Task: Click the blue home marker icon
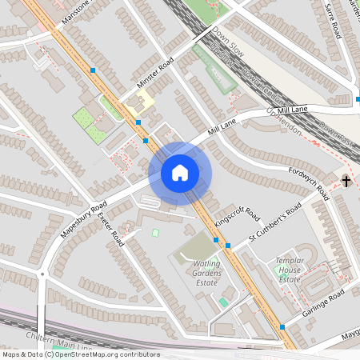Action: pyautogui.click(x=179, y=172)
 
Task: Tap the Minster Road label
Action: pyautogui.click(x=154, y=76)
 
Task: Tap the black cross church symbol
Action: pyautogui.click(x=346, y=182)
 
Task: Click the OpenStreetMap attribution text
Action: pyautogui.click(x=80, y=354)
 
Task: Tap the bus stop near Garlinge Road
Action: pyautogui.click(x=282, y=326)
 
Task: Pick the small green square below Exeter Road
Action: pyautogui.click(x=155, y=233)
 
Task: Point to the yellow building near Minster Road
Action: pyautogui.click(x=141, y=102)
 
